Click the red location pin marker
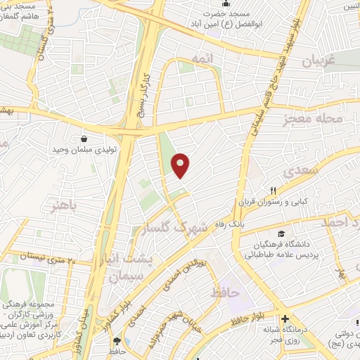click(181, 165)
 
